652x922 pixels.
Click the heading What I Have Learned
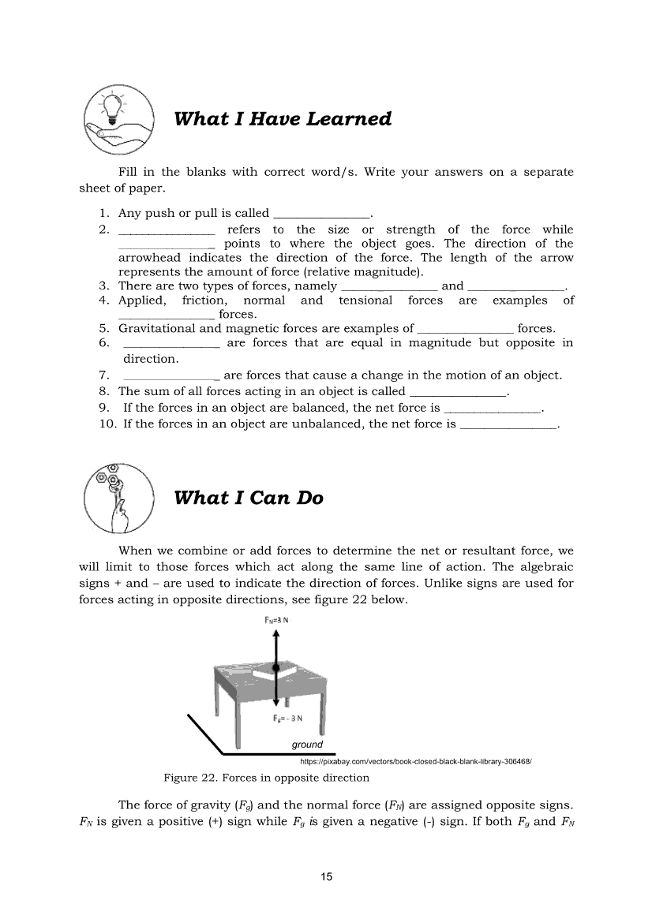(282, 119)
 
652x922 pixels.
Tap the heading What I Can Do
(248, 498)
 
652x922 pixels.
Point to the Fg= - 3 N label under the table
(285, 718)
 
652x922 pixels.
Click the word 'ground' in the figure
(307, 745)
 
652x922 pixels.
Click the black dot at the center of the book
(275, 668)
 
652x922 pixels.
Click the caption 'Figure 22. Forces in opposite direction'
(266, 778)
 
